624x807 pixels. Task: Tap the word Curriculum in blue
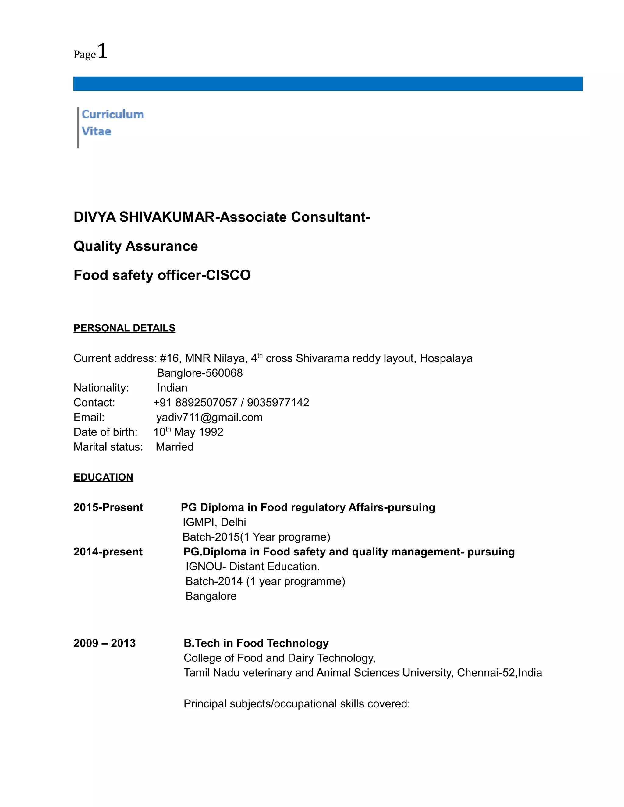tap(112, 114)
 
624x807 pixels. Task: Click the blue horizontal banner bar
tap(328, 83)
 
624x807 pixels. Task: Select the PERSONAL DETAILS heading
tap(124, 328)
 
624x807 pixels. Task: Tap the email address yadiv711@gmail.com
tap(209, 417)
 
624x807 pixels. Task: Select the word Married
tap(175, 447)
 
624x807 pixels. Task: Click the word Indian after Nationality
tap(172, 388)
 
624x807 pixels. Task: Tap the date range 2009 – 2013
tap(105, 643)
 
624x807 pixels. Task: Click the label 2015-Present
tap(108, 507)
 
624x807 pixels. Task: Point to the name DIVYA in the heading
tap(95, 217)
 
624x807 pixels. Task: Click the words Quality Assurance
tap(135, 246)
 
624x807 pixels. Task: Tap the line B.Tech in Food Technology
tap(256, 643)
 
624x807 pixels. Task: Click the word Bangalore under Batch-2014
tap(211, 596)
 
